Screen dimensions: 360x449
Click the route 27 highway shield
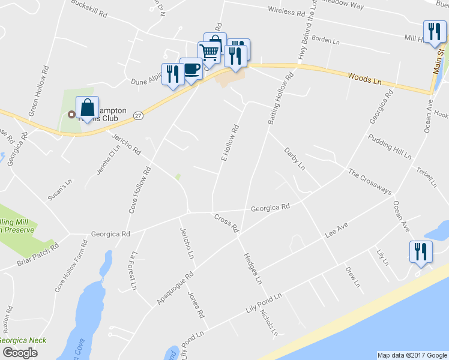pyautogui.click(x=139, y=115)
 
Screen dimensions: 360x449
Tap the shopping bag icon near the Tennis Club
pyautogui.click(x=88, y=109)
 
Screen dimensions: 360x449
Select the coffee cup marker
pyautogui.click(x=191, y=70)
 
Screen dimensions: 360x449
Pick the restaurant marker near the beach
pyautogui.click(x=421, y=251)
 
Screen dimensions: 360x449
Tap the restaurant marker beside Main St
pyautogui.click(x=434, y=31)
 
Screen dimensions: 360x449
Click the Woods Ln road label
pyautogui.click(x=365, y=78)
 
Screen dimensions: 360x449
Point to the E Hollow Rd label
pyautogui.click(x=231, y=142)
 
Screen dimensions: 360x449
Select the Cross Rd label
pyautogui.click(x=226, y=223)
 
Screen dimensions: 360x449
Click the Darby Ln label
pyautogui.click(x=295, y=158)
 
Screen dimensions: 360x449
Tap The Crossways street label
pyautogui.click(x=370, y=182)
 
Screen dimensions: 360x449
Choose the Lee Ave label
pyautogui.click(x=337, y=229)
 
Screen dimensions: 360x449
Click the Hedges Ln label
pyautogui.click(x=252, y=268)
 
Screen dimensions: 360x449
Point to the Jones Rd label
pyautogui.click(x=196, y=304)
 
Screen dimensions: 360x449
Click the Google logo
pyautogui.click(x=20, y=352)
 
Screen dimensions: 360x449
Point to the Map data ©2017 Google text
pyautogui.click(x=412, y=355)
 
